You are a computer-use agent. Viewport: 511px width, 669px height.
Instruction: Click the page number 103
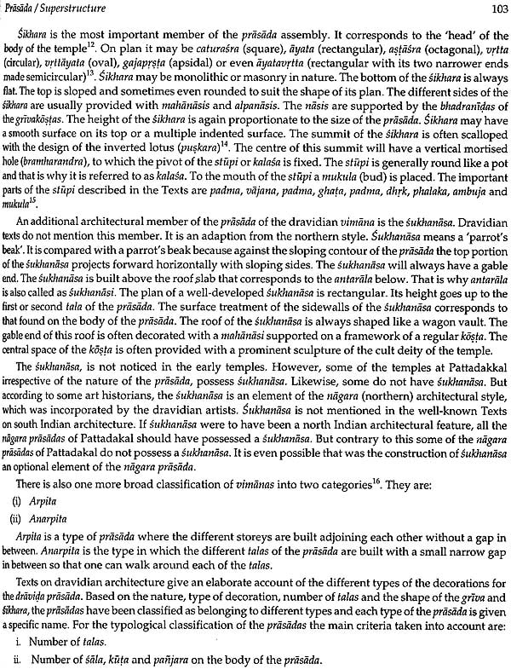click(494, 10)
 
